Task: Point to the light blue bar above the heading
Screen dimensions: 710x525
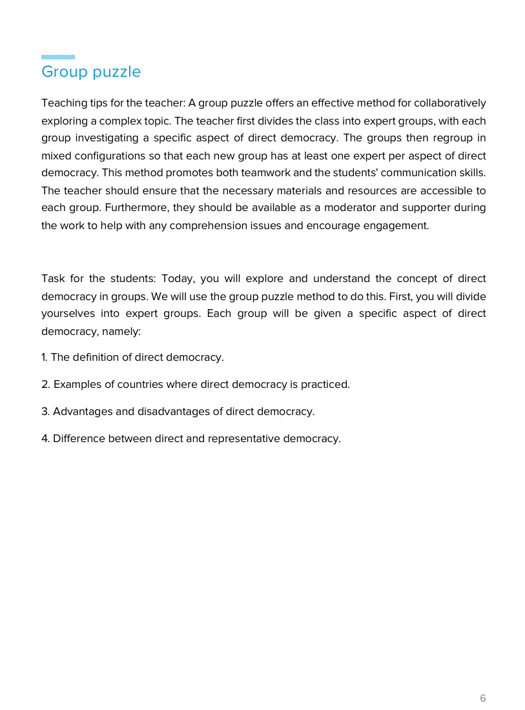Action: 58,57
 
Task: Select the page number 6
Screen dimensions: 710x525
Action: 483,698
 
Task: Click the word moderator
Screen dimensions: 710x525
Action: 356,208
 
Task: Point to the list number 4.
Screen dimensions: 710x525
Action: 45,439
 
